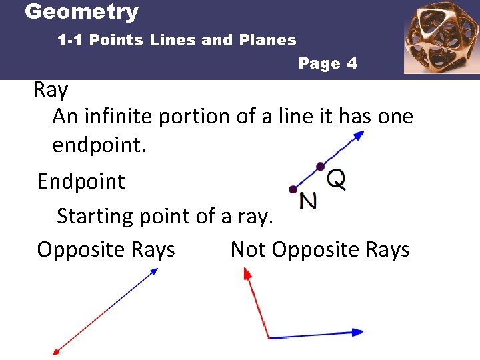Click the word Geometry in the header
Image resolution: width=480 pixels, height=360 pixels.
[x=81, y=12]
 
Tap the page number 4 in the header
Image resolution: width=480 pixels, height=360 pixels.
[x=351, y=64]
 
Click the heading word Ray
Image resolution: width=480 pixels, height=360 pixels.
[x=51, y=90]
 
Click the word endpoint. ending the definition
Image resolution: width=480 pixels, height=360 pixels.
[x=99, y=145]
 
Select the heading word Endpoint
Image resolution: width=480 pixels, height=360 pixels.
[x=81, y=181]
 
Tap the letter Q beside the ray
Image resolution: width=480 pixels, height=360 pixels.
[x=337, y=178]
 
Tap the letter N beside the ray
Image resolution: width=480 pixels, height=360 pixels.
[x=309, y=200]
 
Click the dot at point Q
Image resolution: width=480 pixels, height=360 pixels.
[x=320, y=166]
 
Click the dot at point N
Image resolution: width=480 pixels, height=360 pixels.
[x=292, y=189]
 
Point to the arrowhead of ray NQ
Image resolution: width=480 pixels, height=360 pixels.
[x=359, y=135]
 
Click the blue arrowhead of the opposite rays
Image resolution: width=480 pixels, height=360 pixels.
[x=154, y=271]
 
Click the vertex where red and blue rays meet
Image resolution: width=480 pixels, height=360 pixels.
[x=268, y=337]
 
